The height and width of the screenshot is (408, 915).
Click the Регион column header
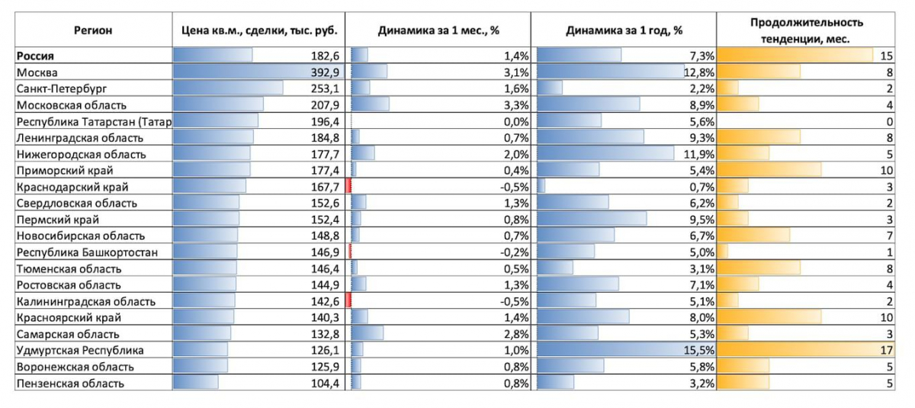[x=92, y=31]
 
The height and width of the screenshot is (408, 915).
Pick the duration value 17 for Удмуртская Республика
[x=885, y=350]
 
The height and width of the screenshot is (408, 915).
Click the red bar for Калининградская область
[x=348, y=301]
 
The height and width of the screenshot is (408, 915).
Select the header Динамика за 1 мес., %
[x=438, y=31]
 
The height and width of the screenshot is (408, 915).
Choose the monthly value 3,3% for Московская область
[x=516, y=104]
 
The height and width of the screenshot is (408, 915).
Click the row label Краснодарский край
[x=72, y=187]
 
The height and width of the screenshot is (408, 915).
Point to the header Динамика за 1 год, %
[x=624, y=31]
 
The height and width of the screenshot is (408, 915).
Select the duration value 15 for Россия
[x=885, y=56]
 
